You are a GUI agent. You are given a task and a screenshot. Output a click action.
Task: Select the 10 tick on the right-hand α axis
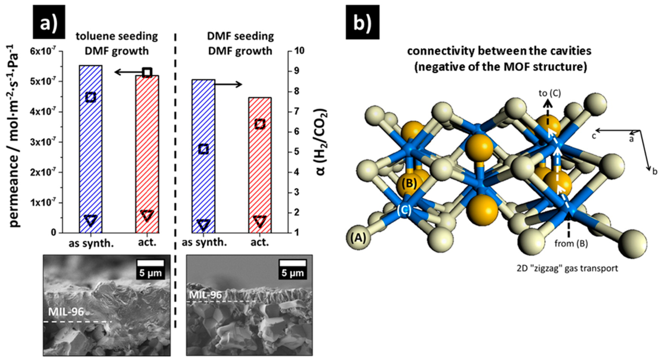tap(298, 51)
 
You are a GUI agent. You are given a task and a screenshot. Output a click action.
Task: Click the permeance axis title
tap(15, 136)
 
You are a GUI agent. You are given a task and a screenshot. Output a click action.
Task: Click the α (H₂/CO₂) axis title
tap(321, 142)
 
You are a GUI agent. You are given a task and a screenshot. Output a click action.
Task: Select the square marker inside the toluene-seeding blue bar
tap(91, 97)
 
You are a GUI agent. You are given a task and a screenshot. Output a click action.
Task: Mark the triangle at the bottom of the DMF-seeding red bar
tap(260, 221)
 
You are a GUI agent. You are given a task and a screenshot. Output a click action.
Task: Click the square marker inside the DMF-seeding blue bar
tap(204, 149)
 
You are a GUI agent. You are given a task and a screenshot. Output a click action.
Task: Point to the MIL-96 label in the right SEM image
tap(205, 295)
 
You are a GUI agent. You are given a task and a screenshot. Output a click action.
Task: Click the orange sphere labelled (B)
tap(409, 183)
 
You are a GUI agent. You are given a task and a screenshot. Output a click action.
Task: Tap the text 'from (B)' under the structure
tap(571, 243)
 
